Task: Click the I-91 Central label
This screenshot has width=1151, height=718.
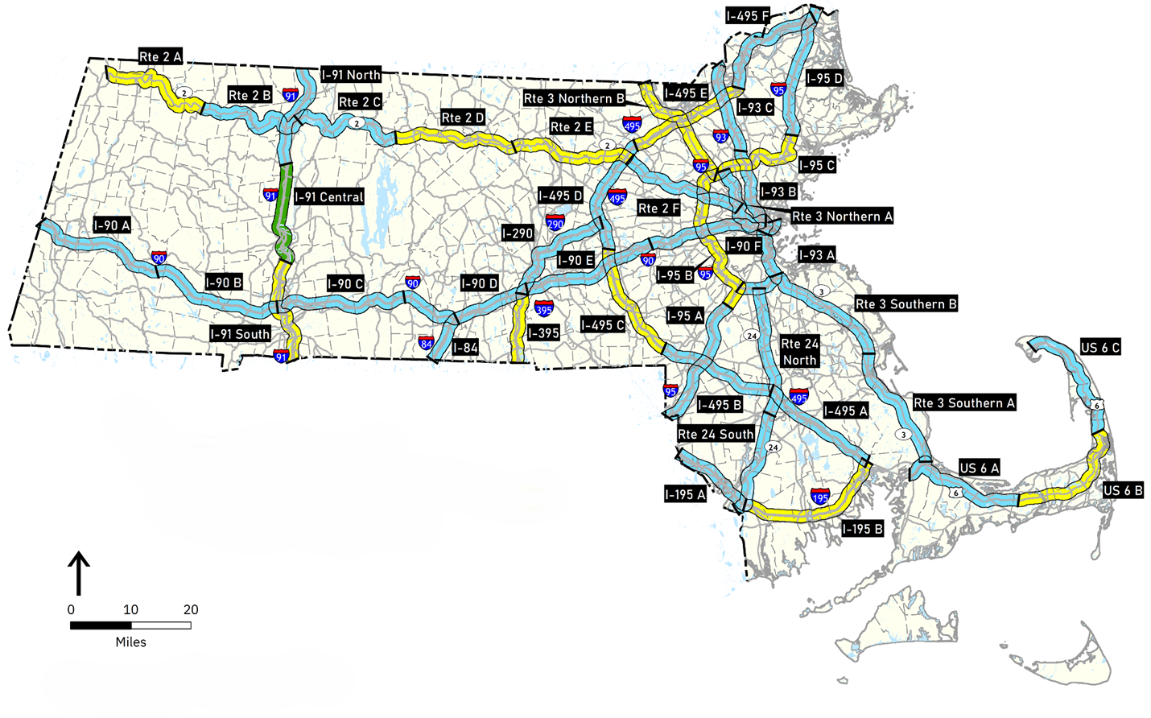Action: (x=329, y=196)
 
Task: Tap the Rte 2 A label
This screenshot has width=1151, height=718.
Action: (x=160, y=56)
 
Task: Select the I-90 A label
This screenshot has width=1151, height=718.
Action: (x=111, y=225)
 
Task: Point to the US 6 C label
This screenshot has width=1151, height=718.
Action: (x=1100, y=347)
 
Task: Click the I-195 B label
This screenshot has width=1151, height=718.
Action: (x=862, y=529)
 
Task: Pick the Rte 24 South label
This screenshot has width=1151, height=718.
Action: (x=716, y=434)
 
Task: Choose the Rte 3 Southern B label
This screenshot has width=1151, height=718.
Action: (x=906, y=303)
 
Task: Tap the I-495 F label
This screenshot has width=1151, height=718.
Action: (x=747, y=16)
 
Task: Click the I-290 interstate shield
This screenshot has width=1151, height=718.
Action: (x=555, y=223)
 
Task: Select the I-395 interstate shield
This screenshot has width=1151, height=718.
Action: (x=544, y=308)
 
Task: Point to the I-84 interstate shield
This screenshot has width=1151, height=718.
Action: (x=427, y=344)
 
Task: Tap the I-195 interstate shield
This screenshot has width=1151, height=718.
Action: (x=820, y=496)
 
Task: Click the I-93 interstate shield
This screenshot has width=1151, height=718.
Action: (x=721, y=138)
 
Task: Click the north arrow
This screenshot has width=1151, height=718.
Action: (x=78, y=572)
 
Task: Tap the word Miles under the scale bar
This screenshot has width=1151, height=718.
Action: (x=130, y=642)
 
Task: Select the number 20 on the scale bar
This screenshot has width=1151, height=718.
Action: (x=190, y=609)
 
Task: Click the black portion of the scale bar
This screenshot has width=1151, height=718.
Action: (x=101, y=625)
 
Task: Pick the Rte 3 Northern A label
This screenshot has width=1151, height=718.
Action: (x=842, y=216)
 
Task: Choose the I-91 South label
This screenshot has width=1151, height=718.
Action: (x=240, y=334)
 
